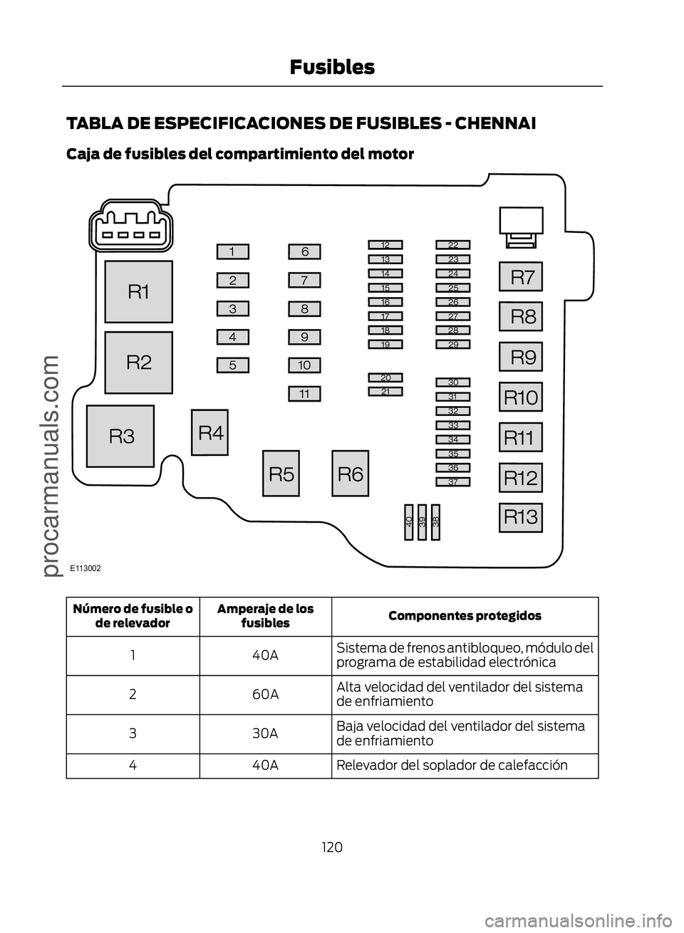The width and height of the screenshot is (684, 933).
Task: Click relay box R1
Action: [139, 291]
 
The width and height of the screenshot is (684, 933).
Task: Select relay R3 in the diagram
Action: [121, 435]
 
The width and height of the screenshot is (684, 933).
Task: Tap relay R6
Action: [350, 473]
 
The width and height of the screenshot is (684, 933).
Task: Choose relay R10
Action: [521, 397]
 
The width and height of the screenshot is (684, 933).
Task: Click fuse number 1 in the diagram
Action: [233, 251]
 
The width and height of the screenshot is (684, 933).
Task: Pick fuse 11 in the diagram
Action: [304, 393]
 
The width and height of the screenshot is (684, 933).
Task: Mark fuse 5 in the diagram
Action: [233, 365]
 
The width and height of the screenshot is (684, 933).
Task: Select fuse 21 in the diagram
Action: [385, 391]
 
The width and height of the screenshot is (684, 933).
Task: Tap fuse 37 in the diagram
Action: [453, 482]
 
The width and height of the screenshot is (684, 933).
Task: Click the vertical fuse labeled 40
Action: [409, 522]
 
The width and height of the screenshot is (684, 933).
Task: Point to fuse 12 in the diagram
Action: [385, 245]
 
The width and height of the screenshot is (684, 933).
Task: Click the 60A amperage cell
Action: [265, 694]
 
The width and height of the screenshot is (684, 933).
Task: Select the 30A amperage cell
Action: [265, 733]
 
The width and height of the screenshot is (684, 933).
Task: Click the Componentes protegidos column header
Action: [465, 615]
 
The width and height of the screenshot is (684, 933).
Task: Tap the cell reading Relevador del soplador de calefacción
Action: [465, 766]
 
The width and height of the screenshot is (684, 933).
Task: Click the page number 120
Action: [331, 847]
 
